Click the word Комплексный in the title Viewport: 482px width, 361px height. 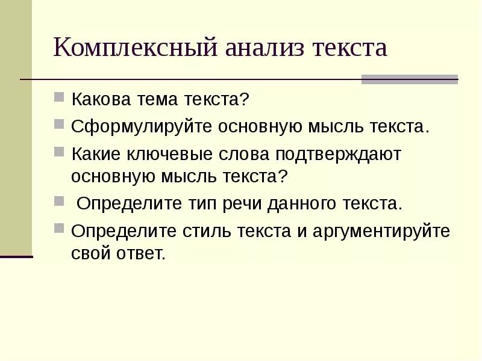click(x=136, y=48)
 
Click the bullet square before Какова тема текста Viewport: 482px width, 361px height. click(x=59, y=96)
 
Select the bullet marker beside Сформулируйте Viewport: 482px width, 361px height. click(x=59, y=124)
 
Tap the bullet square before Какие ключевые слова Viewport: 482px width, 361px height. click(x=59, y=152)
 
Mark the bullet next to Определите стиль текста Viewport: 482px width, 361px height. click(x=59, y=229)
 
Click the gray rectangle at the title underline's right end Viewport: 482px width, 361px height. click(x=409, y=79)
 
